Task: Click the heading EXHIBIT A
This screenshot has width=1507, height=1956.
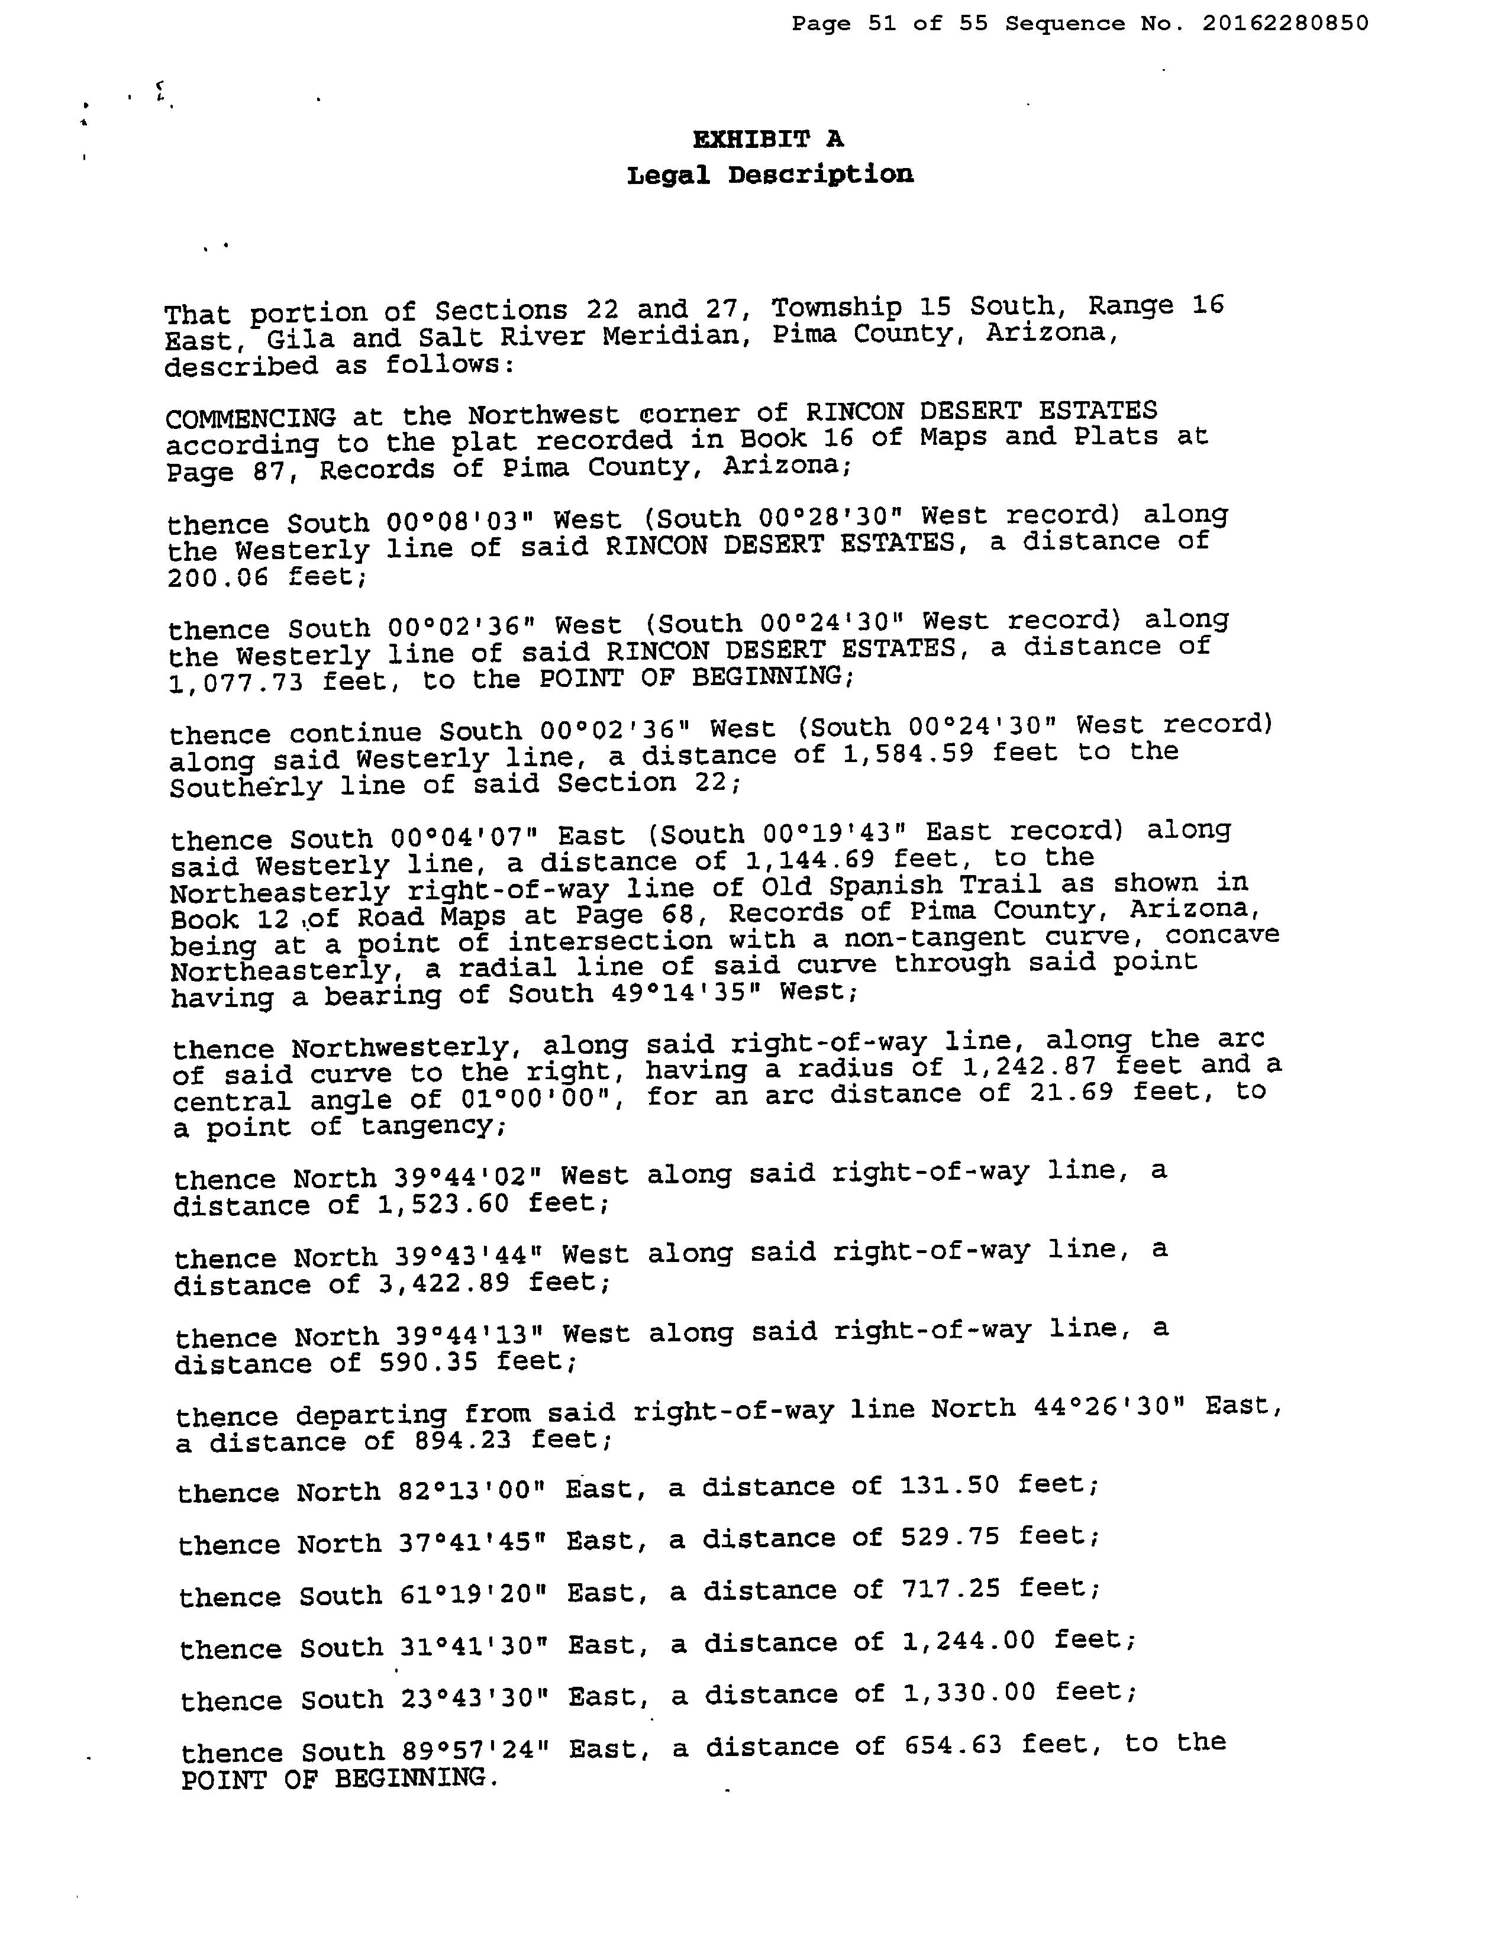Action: (x=767, y=139)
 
